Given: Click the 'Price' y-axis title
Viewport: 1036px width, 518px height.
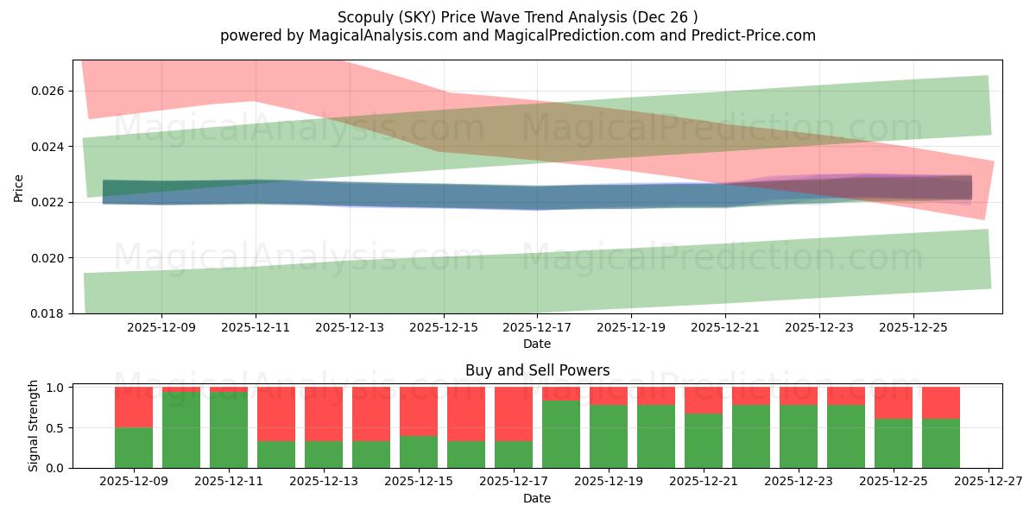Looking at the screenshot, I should pos(19,187).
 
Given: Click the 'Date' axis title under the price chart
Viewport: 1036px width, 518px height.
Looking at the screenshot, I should pos(537,344).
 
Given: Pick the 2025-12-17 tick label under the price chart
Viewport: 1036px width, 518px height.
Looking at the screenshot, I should pos(537,328).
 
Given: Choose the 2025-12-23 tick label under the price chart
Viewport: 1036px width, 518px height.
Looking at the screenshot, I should pos(819,328).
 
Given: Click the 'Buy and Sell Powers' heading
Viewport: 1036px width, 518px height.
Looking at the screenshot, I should pos(537,370).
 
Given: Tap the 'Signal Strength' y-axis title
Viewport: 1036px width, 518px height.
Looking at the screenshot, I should pos(33,426).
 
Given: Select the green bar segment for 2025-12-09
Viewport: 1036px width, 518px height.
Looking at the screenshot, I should pos(134,447).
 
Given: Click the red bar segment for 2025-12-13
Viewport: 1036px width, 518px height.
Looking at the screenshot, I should pos(324,414).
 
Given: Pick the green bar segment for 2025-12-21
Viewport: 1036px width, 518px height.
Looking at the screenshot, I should pos(704,440).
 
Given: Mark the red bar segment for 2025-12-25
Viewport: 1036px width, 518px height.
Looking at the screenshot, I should pos(894,402).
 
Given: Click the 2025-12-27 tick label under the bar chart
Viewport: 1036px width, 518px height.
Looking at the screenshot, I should pos(989,483).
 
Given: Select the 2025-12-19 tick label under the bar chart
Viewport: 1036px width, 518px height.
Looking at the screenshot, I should pos(609,483).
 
